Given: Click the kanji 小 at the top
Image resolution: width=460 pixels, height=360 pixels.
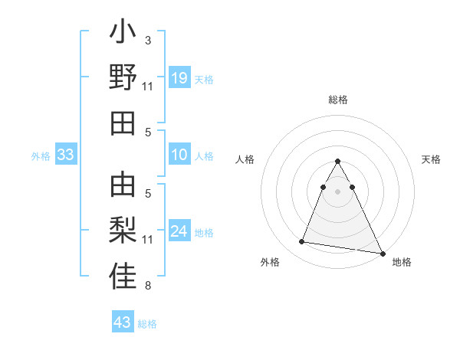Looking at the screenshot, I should [123, 34].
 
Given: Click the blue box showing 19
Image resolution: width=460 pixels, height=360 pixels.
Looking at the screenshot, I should [179, 77].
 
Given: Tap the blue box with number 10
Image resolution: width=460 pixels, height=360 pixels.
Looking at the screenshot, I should [179, 155].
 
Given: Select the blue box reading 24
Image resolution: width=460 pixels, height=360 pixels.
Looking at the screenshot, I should [179, 231].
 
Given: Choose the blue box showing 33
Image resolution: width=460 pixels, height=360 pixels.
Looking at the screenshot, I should [65, 155].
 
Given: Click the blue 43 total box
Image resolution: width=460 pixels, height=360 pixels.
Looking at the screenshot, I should [122, 322].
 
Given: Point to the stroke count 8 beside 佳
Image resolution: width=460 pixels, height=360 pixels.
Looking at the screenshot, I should [148, 286].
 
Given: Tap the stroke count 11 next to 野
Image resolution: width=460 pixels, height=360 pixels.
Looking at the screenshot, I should [148, 87].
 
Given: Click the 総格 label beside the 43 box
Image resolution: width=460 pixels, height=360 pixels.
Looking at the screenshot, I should [147, 324].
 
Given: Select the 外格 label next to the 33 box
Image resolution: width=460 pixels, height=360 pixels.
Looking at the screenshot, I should [41, 156].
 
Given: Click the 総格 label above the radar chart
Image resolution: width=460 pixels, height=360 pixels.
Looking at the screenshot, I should [337, 100].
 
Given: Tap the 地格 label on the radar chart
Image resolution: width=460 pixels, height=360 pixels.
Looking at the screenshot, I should [402, 263].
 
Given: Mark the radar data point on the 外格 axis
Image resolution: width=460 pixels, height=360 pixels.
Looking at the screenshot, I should [302, 242].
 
